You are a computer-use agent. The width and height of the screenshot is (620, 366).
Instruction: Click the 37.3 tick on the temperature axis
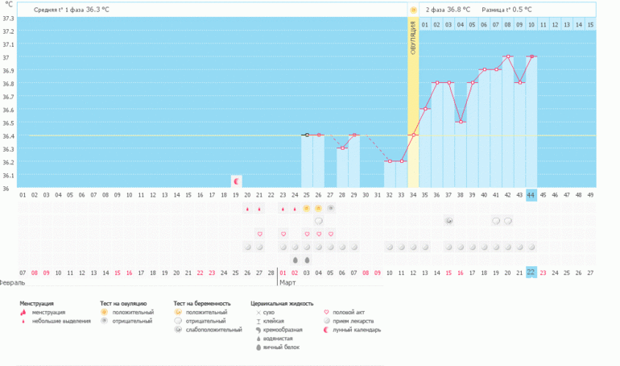(9, 18)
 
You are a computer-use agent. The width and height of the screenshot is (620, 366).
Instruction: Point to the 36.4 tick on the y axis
(9, 135)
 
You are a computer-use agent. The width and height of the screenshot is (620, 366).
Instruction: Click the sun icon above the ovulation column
(413, 10)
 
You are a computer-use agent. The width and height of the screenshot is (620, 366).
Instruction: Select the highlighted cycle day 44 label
(531, 194)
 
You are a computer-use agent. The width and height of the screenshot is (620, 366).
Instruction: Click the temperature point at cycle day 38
(461, 122)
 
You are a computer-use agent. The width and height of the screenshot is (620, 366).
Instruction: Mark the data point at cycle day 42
(507, 57)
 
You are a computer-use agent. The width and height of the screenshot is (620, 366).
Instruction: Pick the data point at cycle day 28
(342, 148)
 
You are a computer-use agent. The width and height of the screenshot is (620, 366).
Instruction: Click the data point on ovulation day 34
(413, 135)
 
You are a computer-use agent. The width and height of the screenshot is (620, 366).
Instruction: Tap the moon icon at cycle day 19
(236, 181)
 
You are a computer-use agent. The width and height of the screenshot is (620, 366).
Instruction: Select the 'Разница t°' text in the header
(498, 10)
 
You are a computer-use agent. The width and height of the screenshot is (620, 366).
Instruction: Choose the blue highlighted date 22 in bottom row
(531, 272)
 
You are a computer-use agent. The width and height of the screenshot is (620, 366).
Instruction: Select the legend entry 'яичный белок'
(304, 347)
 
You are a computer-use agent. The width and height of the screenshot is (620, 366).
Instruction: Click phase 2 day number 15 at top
(590, 25)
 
